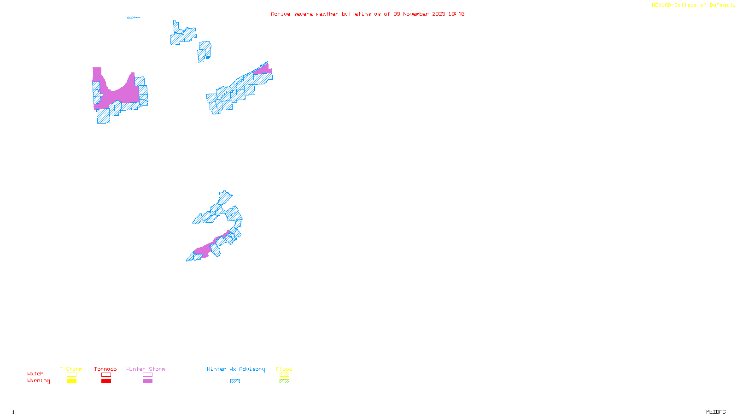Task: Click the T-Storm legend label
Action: (x=71, y=369)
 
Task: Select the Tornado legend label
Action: (x=105, y=369)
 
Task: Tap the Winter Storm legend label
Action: (x=146, y=369)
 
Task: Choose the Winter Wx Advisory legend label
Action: (x=236, y=369)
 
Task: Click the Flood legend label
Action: (x=284, y=369)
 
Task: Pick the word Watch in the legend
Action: (x=35, y=373)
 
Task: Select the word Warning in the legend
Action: (x=39, y=381)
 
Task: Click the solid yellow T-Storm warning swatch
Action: (x=71, y=381)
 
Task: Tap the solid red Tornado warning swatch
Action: (x=106, y=381)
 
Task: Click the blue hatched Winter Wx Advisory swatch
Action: (x=235, y=381)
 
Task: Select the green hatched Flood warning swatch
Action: (x=284, y=381)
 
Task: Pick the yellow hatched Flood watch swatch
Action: (x=284, y=375)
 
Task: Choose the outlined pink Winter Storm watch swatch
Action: (x=147, y=375)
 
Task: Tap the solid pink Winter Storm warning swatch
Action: (x=147, y=381)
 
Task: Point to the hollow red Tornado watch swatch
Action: (x=106, y=375)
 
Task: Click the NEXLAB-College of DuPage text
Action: (x=690, y=6)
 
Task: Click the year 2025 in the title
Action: (x=439, y=14)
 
